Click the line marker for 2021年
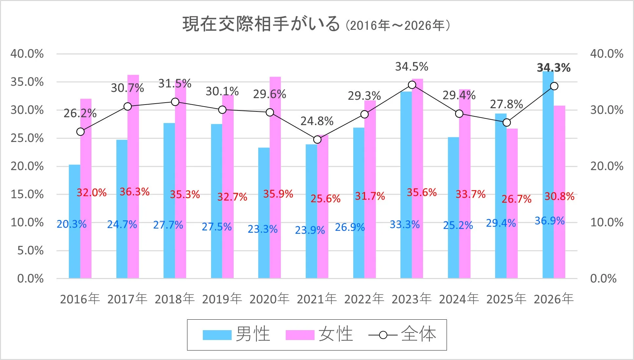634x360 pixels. click(x=317, y=140)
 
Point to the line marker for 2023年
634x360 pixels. click(x=412, y=85)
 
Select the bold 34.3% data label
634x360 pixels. click(x=553, y=68)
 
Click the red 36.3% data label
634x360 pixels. click(x=134, y=192)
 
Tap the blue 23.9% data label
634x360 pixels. click(x=310, y=230)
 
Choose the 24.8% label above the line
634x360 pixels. click(x=317, y=121)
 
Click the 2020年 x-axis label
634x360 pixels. click(x=269, y=299)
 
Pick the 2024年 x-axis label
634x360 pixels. click(x=459, y=299)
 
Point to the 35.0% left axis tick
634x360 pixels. click(x=27, y=82)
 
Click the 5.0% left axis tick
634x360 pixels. click(x=30, y=250)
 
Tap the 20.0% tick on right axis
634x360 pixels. click(x=606, y=166)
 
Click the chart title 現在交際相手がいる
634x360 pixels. click(x=261, y=24)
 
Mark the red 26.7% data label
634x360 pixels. click(x=516, y=199)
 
